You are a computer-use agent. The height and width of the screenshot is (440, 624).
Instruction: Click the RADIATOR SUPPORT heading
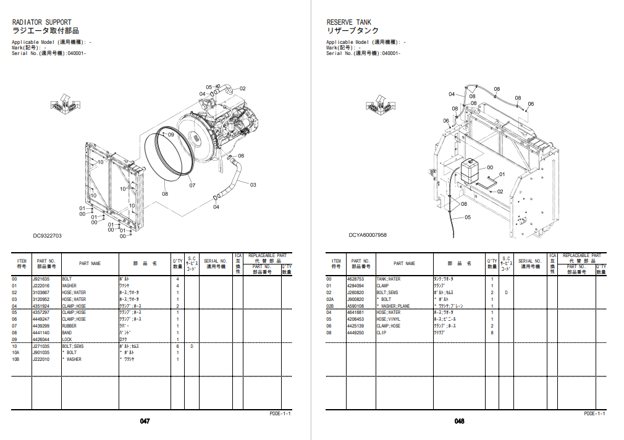click(x=41, y=22)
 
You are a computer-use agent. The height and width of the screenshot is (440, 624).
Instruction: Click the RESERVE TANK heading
click(x=349, y=22)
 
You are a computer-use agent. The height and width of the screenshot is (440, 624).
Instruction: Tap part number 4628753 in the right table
click(x=355, y=279)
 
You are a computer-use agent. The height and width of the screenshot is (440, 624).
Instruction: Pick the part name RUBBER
click(x=70, y=326)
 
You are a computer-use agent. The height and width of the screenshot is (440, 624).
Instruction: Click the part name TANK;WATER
click(x=388, y=279)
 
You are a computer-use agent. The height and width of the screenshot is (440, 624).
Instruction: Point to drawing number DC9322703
click(x=48, y=235)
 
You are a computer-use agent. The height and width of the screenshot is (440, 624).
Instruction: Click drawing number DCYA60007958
click(x=368, y=235)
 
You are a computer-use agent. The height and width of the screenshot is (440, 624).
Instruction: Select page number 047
click(x=145, y=421)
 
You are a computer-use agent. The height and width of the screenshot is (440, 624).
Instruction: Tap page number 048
click(x=459, y=421)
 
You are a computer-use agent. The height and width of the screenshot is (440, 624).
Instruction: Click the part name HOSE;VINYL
click(x=388, y=319)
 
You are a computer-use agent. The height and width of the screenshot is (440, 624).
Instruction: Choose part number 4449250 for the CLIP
click(x=355, y=333)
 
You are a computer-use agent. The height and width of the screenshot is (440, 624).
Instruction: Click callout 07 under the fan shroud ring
click(x=192, y=185)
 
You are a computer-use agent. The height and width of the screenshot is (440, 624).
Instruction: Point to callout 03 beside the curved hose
click(x=253, y=184)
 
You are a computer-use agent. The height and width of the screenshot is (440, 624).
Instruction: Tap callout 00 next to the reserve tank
click(x=489, y=167)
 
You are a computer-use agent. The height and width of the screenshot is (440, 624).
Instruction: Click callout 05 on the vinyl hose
click(x=468, y=217)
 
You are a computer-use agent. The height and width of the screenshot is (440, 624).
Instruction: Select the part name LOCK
click(x=67, y=340)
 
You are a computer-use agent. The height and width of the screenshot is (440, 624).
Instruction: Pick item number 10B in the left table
click(x=15, y=360)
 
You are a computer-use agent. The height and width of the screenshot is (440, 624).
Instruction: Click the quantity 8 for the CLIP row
click(x=492, y=333)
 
